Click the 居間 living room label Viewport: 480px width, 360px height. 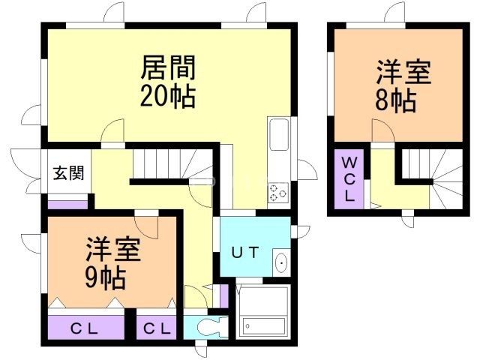pos(168,67)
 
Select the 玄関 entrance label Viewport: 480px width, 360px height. pos(68,173)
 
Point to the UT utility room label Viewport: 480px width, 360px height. pos(245,253)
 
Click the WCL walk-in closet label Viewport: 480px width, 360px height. pos(349,179)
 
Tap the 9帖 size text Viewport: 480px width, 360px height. pos(106,278)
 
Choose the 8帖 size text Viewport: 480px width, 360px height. pos(396,100)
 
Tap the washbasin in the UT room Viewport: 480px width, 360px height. pos(281,262)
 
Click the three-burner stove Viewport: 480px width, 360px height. pos(278,193)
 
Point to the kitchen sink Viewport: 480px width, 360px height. pos(279,135)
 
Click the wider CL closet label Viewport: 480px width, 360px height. pos(84,329)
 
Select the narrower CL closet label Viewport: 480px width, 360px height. pos(157,329)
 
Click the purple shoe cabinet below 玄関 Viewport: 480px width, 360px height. pos(68,205)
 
